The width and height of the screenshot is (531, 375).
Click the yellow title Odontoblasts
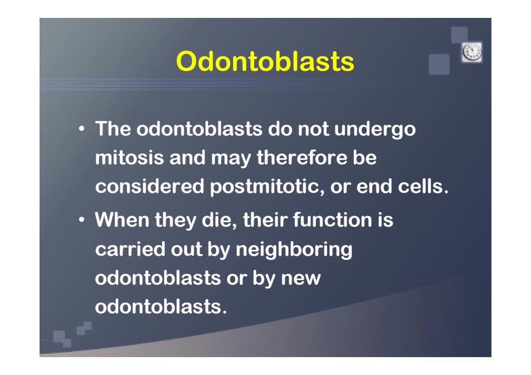click(x=265, y=61)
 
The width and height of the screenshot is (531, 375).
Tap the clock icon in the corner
click(x=472, y=52)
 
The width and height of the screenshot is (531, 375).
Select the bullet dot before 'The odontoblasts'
click(x=81, y=129)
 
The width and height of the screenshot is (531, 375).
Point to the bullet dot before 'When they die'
click(x=81, y=220)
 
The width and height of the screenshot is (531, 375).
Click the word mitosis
click(x=129, y=158)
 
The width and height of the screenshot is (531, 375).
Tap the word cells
click(x=423, y=186)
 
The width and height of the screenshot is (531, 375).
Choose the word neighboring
click(x=294, y=250)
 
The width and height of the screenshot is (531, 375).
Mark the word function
click(x=333, y=219)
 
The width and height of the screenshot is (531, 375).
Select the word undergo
click(x=375, y=130)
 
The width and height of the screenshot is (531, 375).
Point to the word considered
click(x=150, y=186)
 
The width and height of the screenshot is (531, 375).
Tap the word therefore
click(x=302, y=158)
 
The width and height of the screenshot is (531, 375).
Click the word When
click(x=122, y=219)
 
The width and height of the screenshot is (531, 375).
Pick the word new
click(x=300, y=279)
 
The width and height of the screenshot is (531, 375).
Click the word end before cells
click(x=374, y=186)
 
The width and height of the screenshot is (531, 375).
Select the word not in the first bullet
click(x=313, y=129)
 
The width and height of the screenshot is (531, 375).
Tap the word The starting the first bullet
click(x=113, y=129)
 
